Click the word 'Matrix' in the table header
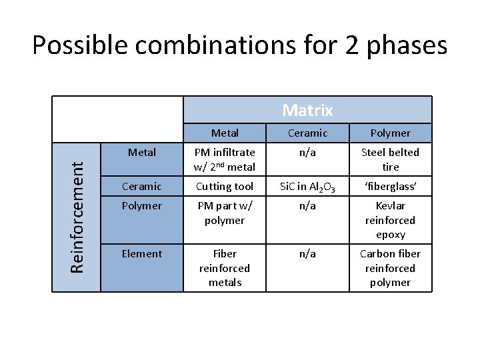coord(307,110)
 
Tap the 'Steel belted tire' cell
coord(390,159)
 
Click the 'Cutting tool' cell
coord(225,187)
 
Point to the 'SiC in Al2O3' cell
coord(307,187)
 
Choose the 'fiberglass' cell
coord(390,187)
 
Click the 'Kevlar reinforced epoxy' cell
coord(390,220)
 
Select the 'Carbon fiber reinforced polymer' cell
coord(390,268)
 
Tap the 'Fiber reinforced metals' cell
coord(225,268)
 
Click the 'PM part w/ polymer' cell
coord(225,213)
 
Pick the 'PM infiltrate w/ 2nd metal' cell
coord(225,159)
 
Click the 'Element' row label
coord(142,253)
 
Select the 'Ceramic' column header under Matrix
coord(307,133)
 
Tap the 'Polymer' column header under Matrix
coord(390,133)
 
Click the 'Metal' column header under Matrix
coord(225,133)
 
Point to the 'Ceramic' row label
coord(142,187)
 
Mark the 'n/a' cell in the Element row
coord(307,253)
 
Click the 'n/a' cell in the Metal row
coord(307,152)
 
